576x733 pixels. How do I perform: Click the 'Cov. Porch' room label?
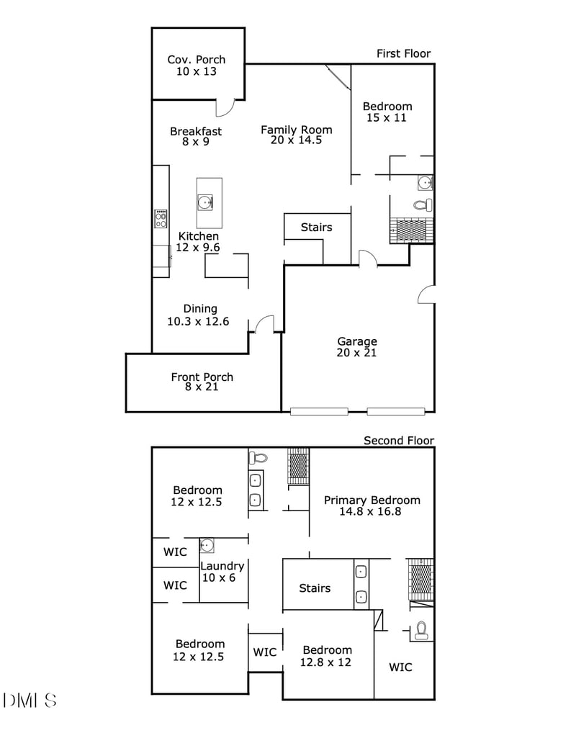(196, 60)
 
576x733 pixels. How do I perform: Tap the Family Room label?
(296, 130)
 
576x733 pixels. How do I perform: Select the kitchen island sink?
(207, 202)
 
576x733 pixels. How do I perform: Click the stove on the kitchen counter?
(161, 218)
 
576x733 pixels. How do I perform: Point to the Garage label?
(356, 341)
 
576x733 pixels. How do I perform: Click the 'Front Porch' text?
(202, 377)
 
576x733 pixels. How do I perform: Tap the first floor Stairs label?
(316, 228)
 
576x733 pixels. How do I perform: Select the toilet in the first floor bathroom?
(421, 204)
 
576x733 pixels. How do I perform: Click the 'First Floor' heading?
(403, 53)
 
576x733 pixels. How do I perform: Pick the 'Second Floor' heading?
(399, 441)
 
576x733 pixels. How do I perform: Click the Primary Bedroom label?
(372, 500)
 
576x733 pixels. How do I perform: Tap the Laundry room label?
(222, 566)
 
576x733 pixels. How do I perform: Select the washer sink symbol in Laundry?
(207, 545)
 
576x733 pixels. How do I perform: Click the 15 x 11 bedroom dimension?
(387, 117)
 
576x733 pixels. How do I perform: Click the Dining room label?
(199, 309)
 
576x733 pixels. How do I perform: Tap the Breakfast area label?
(196, 131)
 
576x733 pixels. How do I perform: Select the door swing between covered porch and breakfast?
(225, 107)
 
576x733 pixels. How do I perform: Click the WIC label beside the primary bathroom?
(400, 667)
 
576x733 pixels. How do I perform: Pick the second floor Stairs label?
(315, 588)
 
